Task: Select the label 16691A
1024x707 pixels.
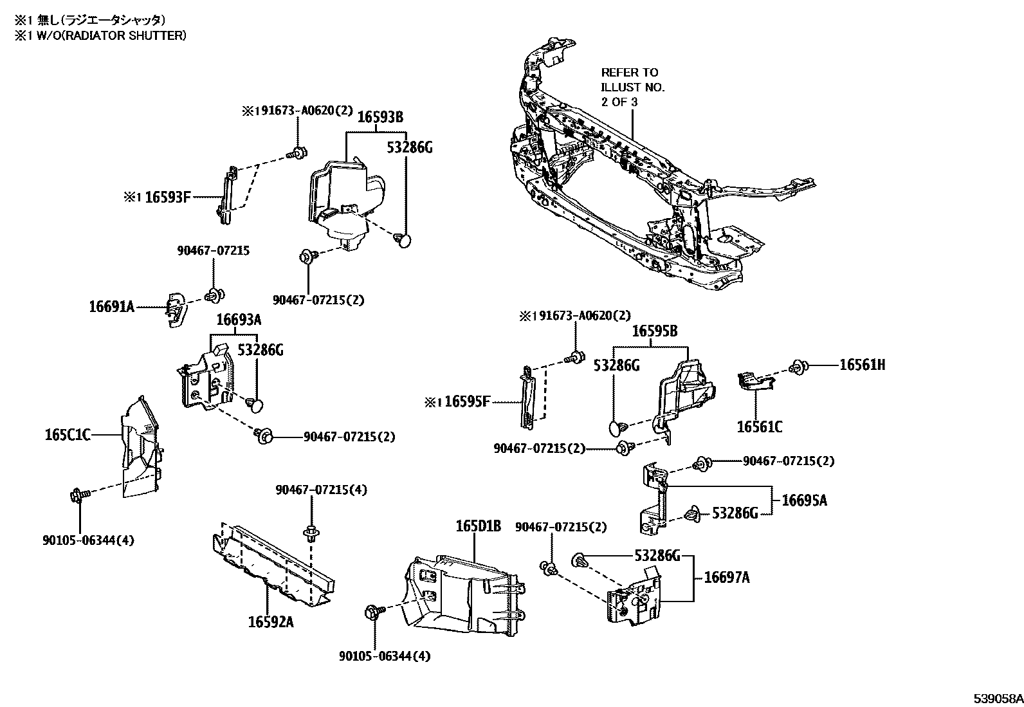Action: coord(111,307)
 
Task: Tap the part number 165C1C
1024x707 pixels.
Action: coord(67,436)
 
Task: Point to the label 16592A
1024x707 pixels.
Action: coord(271,622)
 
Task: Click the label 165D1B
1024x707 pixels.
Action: coord(478,526)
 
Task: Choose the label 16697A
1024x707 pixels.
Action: coord(727,578)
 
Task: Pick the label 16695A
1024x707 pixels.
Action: coord(804,500)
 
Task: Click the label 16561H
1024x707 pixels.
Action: coord(862,365)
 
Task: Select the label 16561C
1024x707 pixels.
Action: coord(760,427)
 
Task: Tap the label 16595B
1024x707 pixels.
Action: coord(654,331)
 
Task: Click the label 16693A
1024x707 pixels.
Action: coord(238,320)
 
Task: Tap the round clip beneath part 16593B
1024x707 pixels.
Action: coord(403,241)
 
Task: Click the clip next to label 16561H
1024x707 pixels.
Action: coord(800,367)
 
